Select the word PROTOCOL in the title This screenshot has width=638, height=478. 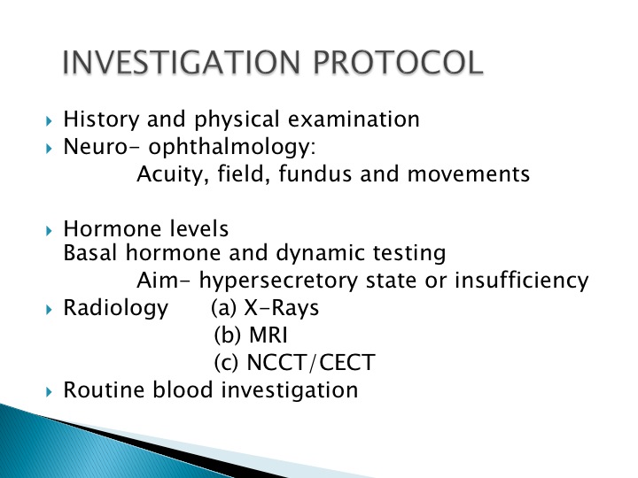tap(398, 62)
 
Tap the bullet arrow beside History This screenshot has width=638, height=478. tap(50, 120)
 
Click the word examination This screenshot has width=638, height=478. tap(354, 119)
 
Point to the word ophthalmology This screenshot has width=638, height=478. tap(232, 147)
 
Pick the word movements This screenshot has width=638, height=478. tap(469, 174)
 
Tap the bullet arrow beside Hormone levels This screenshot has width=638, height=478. tap(50, 231)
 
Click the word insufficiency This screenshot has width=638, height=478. tap(522, 281)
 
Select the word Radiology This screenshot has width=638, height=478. tap(116, 308)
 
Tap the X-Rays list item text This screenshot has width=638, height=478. tap(265, 308)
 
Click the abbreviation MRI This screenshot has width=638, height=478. tap(268, 335)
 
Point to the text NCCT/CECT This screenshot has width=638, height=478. tap(311, 363)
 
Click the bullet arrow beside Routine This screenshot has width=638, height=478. tap(50, 392)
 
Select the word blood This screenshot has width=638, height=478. tap(183, 389)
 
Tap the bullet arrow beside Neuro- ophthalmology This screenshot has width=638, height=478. tap(50, 149)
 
